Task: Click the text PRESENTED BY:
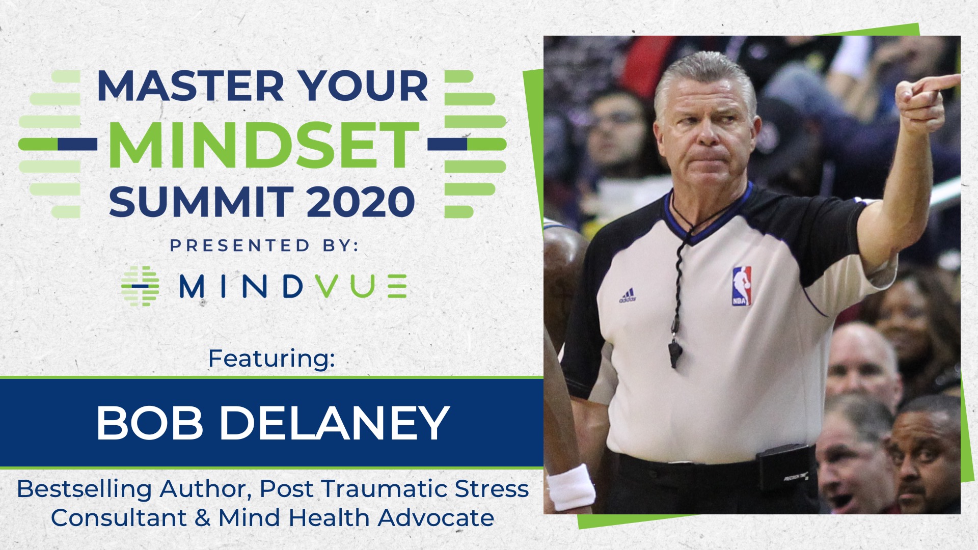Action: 264,245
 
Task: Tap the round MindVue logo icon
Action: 140,286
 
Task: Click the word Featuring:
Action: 271,359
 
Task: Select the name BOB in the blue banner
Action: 150,423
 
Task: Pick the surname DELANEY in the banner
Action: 334,423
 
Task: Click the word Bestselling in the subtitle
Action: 85,489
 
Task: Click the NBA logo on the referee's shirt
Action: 741,286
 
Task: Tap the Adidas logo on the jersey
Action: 628,295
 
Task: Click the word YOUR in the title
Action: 363,86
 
